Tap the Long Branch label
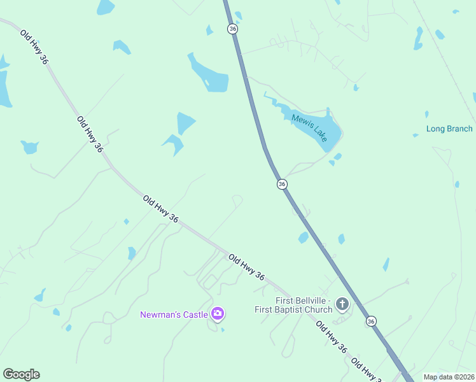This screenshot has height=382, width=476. (449, 129)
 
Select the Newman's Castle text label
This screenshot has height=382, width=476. (174, 314)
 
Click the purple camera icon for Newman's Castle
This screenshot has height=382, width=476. (218, 313)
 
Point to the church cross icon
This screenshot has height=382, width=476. (342, 304)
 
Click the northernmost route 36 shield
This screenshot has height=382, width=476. (233, 29)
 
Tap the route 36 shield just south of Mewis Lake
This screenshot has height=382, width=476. (282, 184)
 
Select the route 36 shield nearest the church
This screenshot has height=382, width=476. (371, 322)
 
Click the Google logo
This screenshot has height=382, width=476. (21, 374)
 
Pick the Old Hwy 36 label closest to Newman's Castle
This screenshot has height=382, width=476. (246, 267)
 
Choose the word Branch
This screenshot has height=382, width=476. (459, 129)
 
